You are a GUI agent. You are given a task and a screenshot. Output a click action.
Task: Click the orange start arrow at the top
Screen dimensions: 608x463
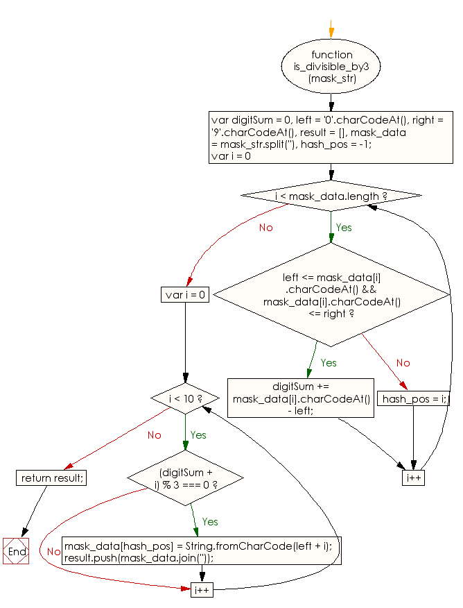331,31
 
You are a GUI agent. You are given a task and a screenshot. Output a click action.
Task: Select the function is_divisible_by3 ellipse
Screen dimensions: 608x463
331,67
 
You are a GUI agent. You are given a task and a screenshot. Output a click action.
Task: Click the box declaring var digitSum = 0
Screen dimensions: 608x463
331,137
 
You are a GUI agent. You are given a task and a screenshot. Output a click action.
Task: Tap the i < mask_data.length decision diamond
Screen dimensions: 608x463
331,196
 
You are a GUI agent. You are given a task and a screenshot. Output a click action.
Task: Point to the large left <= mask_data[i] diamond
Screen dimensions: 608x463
331,294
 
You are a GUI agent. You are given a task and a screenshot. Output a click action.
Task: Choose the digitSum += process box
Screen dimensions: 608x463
300,398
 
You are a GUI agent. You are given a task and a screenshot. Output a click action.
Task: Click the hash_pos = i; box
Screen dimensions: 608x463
414,399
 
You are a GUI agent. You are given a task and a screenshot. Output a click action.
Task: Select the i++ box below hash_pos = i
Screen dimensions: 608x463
414,478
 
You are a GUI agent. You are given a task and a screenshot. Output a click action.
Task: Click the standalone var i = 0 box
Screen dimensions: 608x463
185,294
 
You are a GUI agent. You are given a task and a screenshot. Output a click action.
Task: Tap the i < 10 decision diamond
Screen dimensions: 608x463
185,399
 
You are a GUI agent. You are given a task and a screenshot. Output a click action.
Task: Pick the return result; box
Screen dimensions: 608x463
52,478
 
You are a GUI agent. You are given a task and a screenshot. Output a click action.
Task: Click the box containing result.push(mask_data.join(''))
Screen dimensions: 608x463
202,552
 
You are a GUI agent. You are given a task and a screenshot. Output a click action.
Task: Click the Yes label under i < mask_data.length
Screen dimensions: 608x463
344,228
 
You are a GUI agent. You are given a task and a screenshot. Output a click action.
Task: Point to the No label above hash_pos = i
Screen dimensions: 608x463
403,363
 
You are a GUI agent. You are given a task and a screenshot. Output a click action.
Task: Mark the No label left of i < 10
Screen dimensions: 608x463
154,435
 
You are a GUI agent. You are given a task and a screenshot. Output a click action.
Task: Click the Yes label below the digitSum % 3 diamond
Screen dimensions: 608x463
209,521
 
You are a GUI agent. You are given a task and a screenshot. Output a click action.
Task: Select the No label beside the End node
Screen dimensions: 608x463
53,552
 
